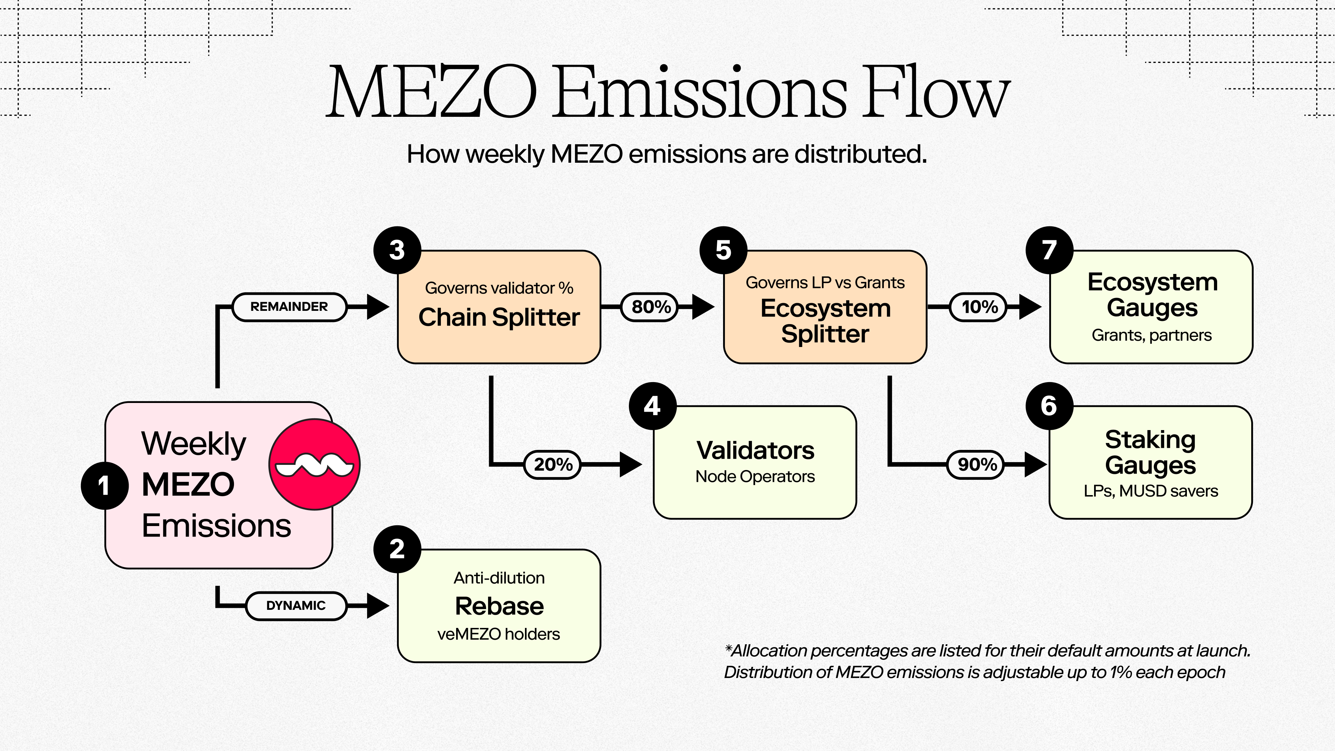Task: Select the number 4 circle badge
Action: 653,406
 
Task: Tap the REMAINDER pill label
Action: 289,307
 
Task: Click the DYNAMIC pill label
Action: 296,605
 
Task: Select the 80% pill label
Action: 651,307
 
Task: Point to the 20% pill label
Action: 553,465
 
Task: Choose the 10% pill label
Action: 979,307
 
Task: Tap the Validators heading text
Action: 755,450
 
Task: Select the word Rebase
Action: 499,606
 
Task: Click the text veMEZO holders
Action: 499,634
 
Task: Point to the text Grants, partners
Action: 1151,335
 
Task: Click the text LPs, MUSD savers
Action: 1150,491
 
